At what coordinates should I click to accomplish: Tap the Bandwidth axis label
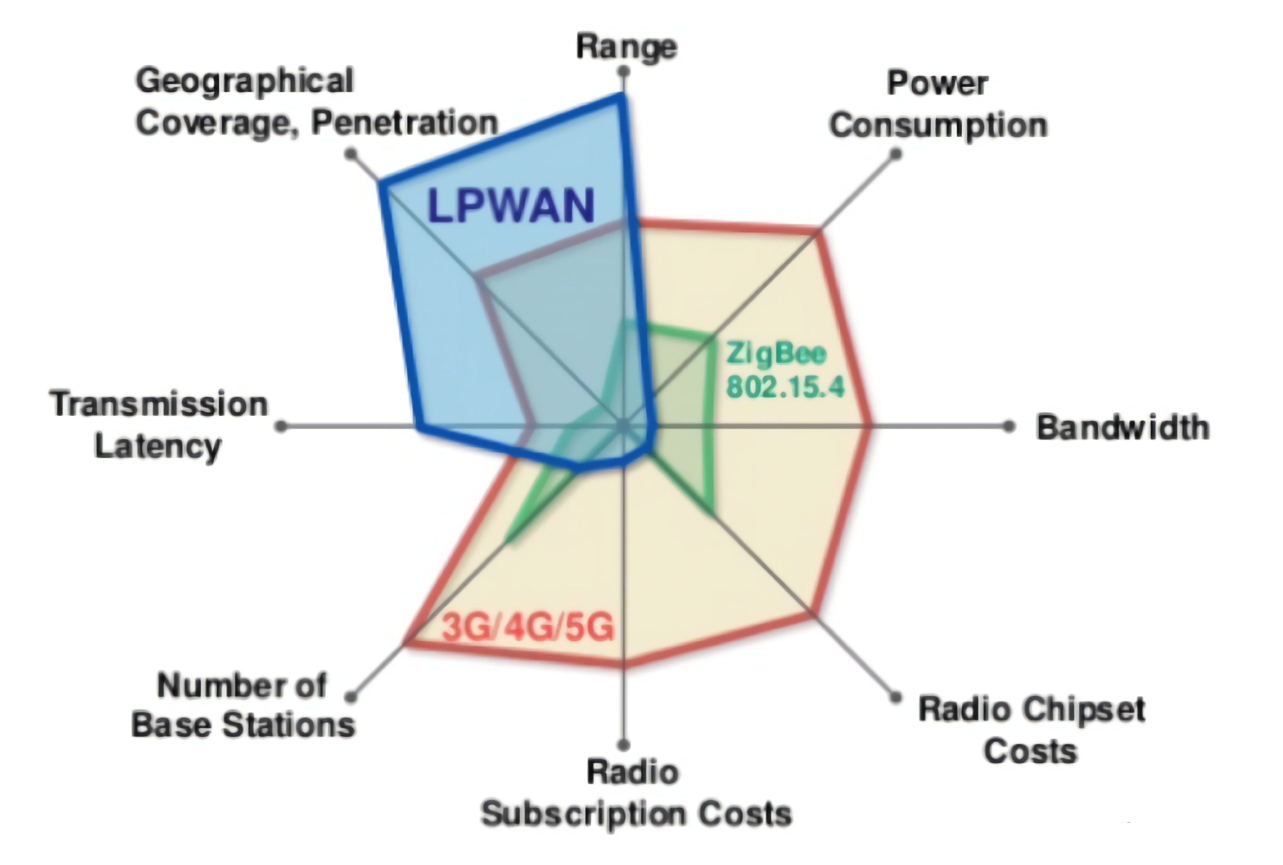point(1123,427)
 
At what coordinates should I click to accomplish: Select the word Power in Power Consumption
point(937,84)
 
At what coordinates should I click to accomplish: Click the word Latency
point(158,447)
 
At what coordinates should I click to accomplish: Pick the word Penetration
point(405,122)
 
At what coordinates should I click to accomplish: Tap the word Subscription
point(583,814)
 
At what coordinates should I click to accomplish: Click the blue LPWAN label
point(511,206)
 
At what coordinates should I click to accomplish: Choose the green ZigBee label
point(776,354)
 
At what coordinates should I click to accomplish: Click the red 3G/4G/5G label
point(528,627)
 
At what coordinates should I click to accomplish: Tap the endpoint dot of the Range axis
point(624,71)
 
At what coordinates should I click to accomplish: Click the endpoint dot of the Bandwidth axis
point(1009,426)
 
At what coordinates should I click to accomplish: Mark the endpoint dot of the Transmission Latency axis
point(281,426)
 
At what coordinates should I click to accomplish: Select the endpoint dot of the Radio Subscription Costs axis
point(624,745)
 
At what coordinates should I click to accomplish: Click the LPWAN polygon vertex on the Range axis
point(622,98)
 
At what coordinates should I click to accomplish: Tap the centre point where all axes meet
point(624,426)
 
